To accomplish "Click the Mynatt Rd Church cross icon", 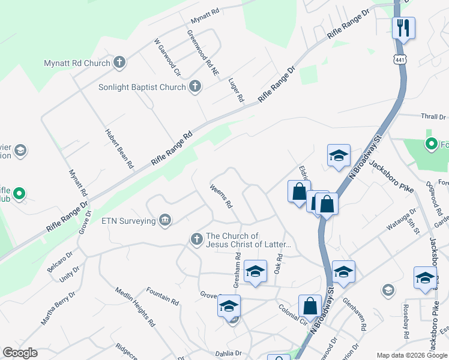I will pyautogui.click(x=119, y=62).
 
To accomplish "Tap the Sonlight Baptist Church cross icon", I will pyautogui.click(x=194, y=87).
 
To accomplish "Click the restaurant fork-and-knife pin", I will pyautogui.click(x=403, y=28).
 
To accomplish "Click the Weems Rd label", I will pyautogui.click(x=221, y=196).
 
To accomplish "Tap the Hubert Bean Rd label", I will pyautogui.click(x=119, y=148).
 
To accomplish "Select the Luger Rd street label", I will pyautogui.click(x=237, y=89).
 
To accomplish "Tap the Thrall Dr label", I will pyautogui.click(x=433, y=117).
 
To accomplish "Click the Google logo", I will pyautogui.click(x=20, y=353).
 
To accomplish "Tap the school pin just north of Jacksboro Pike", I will pyautogui.click(x=339, y=155).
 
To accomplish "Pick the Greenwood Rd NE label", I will pyautogui.click(x=203, y=52).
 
